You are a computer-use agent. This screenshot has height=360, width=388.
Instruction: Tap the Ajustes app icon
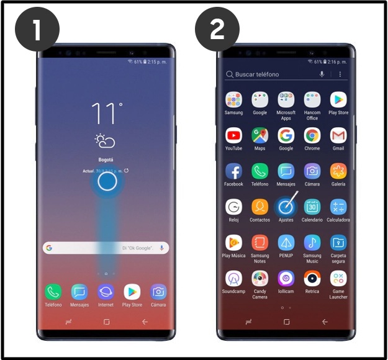coord(286,207)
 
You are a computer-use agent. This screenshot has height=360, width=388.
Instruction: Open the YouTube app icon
coord(233,135)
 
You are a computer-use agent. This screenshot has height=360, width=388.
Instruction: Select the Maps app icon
coord(259,135)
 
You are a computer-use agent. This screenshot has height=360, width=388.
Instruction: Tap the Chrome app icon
coord(312,135)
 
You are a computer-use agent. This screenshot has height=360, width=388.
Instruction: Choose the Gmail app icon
coord(338,135)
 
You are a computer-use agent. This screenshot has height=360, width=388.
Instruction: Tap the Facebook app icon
coord(233,171)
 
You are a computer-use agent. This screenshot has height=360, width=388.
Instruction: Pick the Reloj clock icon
coord(233,207)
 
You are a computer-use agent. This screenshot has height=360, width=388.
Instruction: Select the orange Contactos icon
coord(259,207)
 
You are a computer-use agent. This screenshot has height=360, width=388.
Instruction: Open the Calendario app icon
coord(312,207)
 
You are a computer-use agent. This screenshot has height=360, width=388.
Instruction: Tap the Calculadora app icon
coord(338,207)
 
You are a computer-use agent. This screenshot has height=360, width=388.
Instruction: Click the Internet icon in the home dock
coord(106,292)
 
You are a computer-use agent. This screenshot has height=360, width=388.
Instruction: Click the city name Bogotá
coord(106,159)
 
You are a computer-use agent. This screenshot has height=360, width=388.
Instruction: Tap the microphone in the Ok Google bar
coord(161,248)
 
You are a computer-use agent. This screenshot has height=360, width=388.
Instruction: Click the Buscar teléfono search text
coord(257,74)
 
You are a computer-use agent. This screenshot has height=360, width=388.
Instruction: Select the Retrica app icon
coord(312,279)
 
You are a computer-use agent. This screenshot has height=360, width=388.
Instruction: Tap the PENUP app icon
coord(286,243)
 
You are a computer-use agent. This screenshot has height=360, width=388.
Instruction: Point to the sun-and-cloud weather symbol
coord(104,141)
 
